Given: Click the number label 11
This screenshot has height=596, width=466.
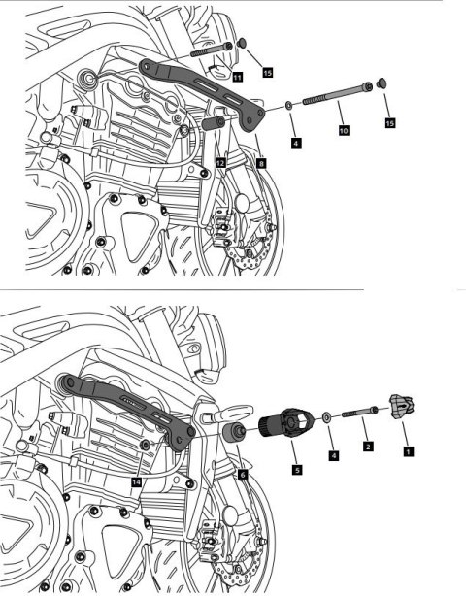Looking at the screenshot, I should click(238, 76).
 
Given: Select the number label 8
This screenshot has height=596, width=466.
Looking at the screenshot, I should click(261, 163).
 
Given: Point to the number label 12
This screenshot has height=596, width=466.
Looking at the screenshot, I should click(221, 163).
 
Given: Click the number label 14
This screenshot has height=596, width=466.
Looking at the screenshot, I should click(137, 480).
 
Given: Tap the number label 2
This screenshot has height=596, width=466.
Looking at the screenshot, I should click(367, 446).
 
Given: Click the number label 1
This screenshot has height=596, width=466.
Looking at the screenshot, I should click(409, 450).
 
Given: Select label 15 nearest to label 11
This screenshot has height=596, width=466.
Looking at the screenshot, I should click(267, 72).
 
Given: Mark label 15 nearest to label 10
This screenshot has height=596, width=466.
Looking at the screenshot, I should click(390, 123).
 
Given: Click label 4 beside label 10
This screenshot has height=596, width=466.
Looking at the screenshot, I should click(295, 142).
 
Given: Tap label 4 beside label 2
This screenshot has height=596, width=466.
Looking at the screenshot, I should click(334, 453).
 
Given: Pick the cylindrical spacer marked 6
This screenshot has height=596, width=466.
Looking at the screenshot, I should click(234, 433).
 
